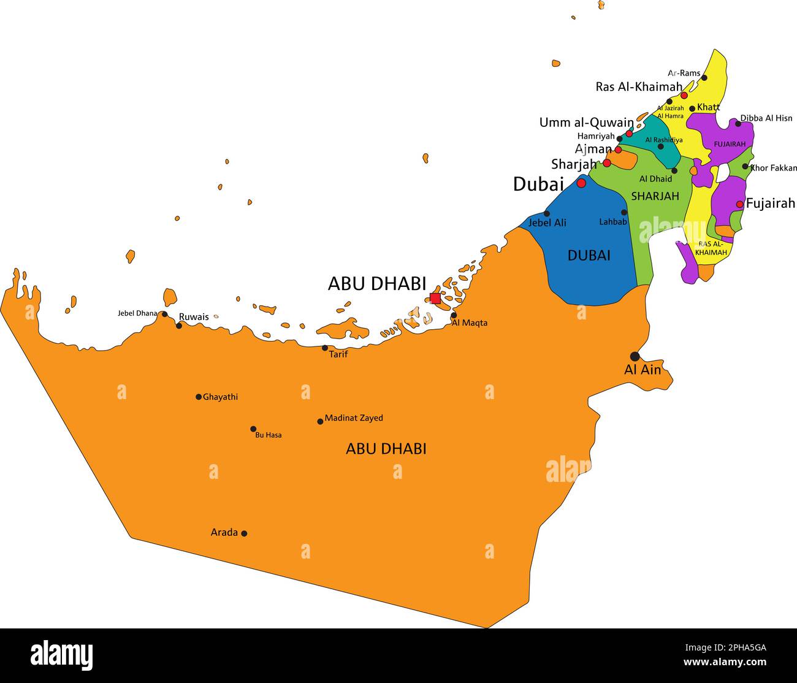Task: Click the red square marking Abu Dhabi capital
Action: [435, 299]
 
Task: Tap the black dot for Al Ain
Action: [635, 356]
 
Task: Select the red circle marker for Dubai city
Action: [581, 183]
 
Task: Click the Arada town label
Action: [224, 532]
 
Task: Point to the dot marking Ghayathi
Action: [199, 397]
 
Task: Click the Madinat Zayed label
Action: [354, 418]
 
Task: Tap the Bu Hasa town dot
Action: [253, 429]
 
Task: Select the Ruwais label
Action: [193, 317]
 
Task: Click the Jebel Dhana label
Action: [137, 313]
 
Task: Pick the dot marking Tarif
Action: [325, 348]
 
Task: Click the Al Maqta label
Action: [470, 323]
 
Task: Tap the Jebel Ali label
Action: [547, 223]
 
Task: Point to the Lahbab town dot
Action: [624, 213]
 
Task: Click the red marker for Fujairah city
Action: [740, 204]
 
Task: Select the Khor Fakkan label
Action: [774, 167]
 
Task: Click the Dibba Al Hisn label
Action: [766, 118]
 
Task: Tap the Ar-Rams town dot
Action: [704, 78]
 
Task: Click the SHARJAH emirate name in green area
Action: [655, 196]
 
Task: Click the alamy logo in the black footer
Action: [61, 655]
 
